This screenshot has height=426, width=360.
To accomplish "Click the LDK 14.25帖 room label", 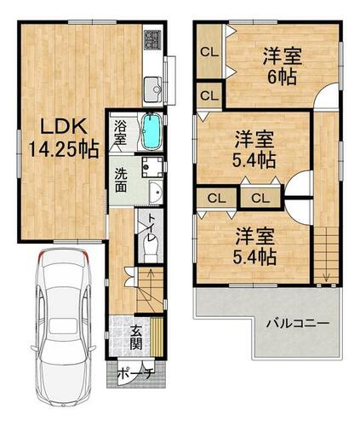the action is click(x=64, y=138).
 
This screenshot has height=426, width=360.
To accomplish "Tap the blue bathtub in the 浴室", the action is click(x=151, y=131).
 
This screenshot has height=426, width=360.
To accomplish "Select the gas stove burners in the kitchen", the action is click(x=152, y=39).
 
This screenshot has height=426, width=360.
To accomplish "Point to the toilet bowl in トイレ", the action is click(x=150, y=249).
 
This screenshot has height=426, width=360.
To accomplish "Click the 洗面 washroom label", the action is click(x=121, y=181).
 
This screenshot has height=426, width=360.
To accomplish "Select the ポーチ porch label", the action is click(x=135, y=372).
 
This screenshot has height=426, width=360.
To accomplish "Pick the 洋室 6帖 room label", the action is click(x=282, y=66).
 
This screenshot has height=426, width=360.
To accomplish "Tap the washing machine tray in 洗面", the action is click(x=152, y=167).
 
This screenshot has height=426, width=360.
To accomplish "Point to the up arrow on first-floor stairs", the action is click(x=150, y=276).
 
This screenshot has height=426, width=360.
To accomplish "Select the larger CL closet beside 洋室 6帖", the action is click(x=209, y=52).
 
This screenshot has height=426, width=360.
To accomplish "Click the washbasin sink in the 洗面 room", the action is click(x=156, y=193).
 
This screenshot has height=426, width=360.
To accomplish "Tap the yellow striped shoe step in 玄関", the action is click(x=157, y=337).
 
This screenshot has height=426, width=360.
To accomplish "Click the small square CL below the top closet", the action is click(x=209, y=95).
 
